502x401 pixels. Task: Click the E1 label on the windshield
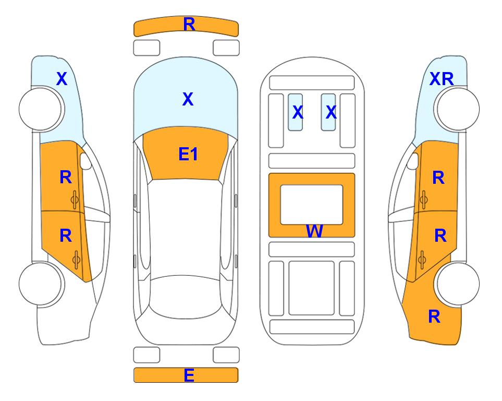tap(188, 154)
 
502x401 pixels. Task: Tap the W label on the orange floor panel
tap(314, 231)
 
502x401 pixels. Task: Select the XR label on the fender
tap(442, 79)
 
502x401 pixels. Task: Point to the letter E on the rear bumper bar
tap(189, 375)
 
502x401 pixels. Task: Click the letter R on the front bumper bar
tap(189, 25)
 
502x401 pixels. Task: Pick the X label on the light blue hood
tap(188, 99)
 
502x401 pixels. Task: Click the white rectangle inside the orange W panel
tap(312, 205)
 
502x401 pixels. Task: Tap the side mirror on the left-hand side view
tap(85, 161)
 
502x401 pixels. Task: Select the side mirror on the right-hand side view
tap(413, 161)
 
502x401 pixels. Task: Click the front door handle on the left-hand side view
tap(75, 200)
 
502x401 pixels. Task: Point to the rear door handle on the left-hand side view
tap(76, 260)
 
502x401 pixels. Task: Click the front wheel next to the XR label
tap(458, 109)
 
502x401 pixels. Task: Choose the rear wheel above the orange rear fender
tap(458, 284)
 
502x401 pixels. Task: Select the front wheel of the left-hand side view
tap(41, 109)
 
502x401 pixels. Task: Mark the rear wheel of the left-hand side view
tap(41, 284)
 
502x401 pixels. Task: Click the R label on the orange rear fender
tap(434, 316)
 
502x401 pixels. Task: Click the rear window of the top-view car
tap(185, 297)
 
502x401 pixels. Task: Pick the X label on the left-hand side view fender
tap(62, 79)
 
